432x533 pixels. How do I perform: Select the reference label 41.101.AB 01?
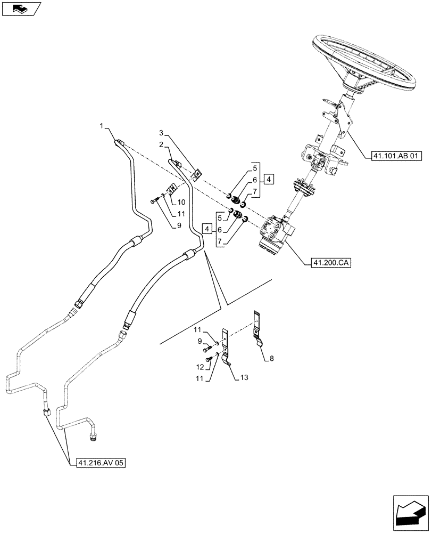pyautogui.click(x=394, y=156)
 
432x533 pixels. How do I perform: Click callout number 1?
pyautogui.click(x=101, y=126)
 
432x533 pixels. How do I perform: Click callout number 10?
pyautogui.click(x=181, y=202)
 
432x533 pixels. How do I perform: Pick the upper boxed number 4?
pyautogui.click(x=269, y=179)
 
